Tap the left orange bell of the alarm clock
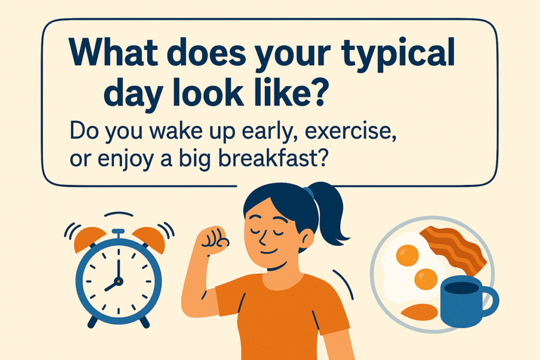89,238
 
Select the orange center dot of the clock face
119,281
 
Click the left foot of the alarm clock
92,322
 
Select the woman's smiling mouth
269,252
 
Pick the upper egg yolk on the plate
408,255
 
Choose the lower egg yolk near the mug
426,279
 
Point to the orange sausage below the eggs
419,312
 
